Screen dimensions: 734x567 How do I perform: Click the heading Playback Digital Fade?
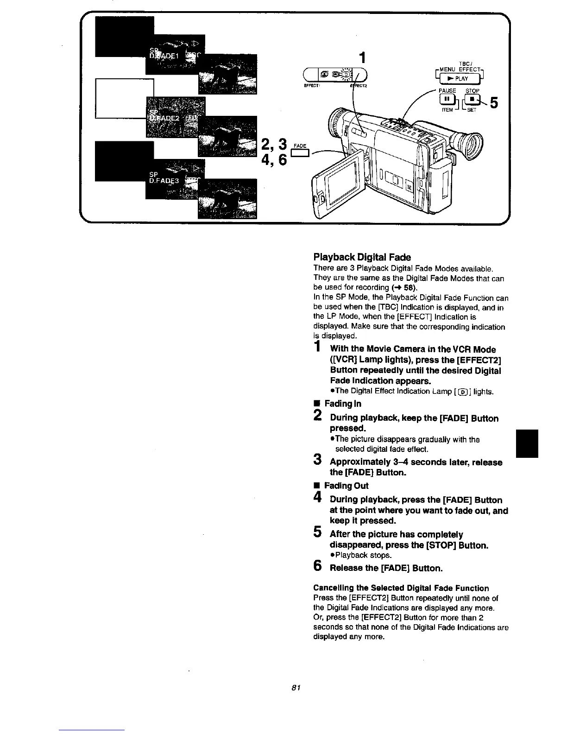point(362,257)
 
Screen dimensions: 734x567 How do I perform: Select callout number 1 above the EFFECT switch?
point(363,57)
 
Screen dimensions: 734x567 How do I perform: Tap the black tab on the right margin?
point(528,444)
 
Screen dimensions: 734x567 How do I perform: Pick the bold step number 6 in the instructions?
point(318,566)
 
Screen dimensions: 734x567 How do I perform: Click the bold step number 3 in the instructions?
point(318,460)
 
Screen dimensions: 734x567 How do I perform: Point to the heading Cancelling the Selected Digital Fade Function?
point(401,588)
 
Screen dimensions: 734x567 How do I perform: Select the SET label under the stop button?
point(472,110)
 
